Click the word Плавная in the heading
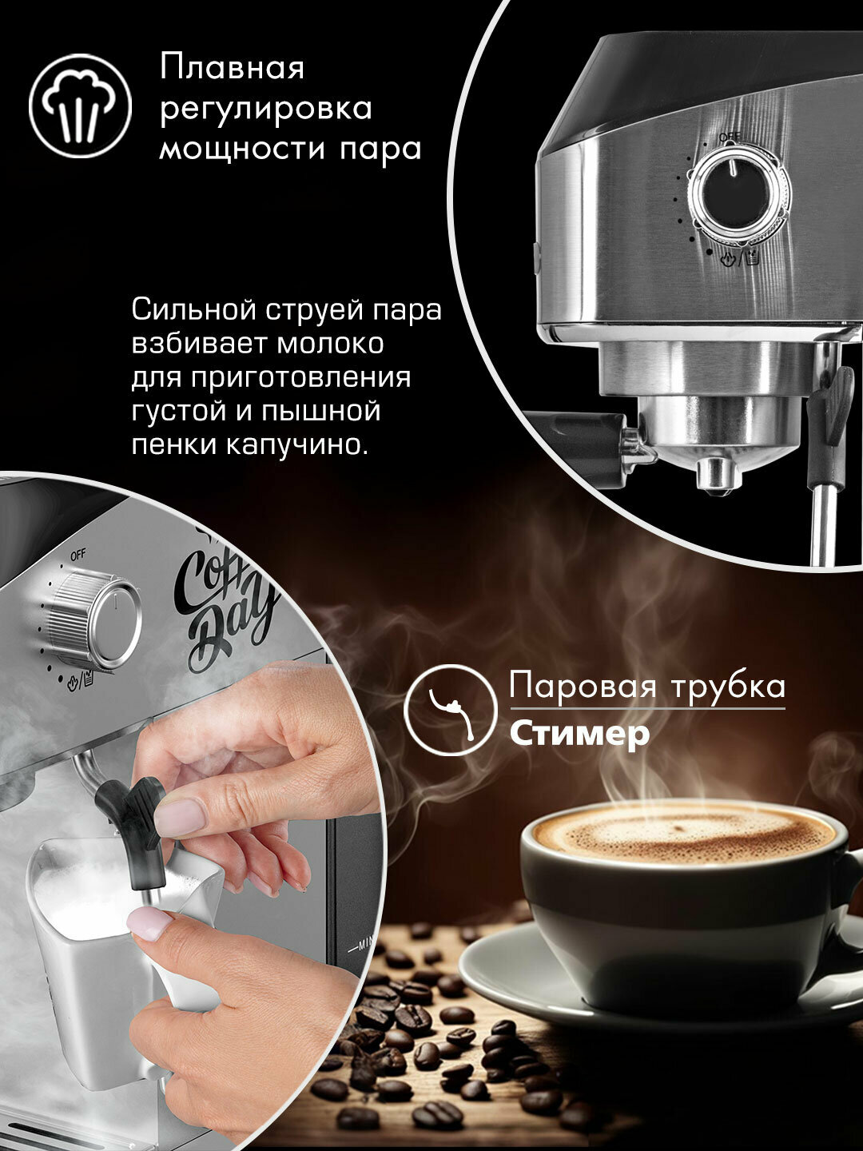(232, 68)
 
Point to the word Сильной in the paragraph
(194, 310)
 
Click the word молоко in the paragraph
(330, 344)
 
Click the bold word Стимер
(579, 735)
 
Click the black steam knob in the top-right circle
(739, 193)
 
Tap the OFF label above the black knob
(729, 138)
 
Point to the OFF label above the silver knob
(78, 556)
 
